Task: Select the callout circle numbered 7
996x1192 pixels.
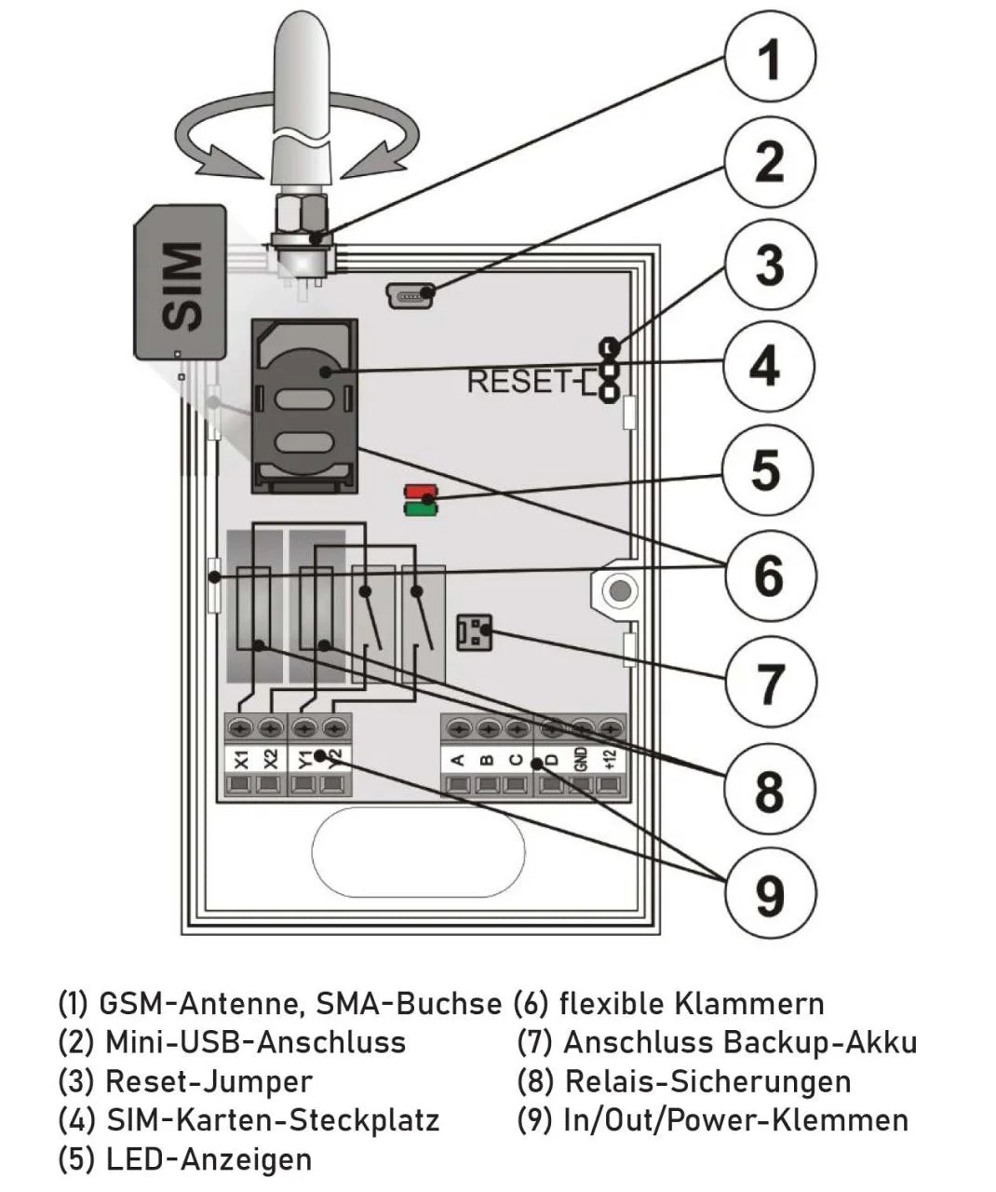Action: [x=769, y=683]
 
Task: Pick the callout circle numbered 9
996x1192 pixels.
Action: [x=769, y=894]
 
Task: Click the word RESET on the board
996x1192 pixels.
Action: [x=517, y=382]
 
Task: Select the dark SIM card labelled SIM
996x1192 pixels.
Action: [x=180, y=284]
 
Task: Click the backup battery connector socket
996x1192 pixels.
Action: [x=473, y=633]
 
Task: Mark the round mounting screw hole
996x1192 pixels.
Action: [x=615, y=589]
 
